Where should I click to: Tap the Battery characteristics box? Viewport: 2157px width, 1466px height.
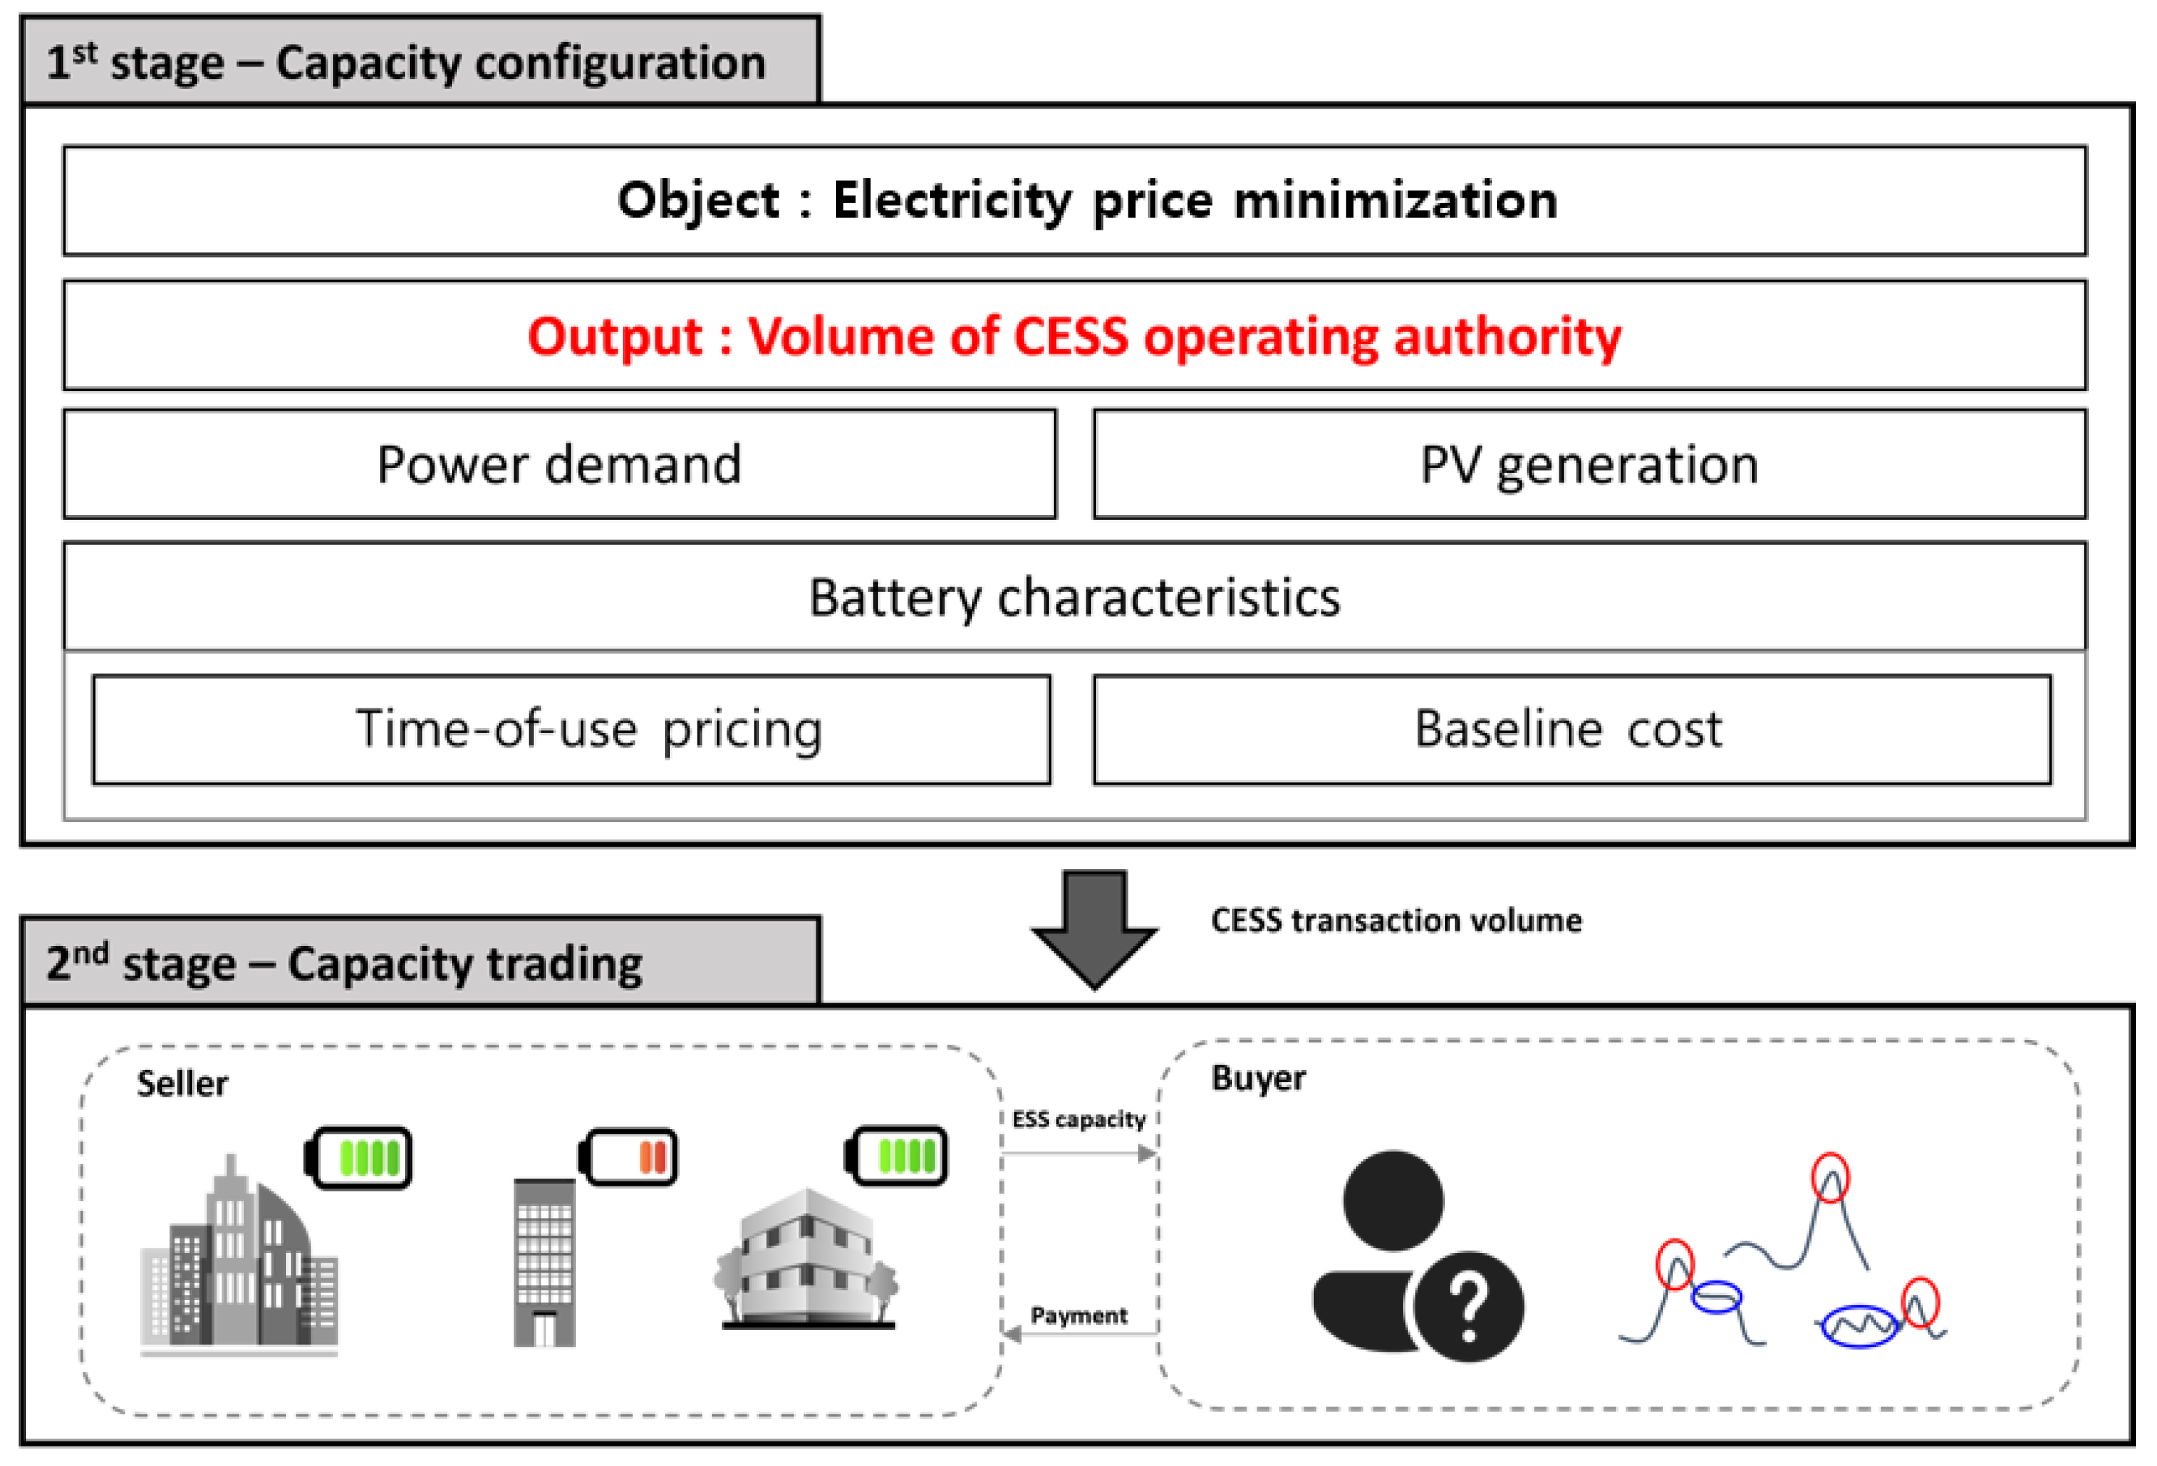(1074, 597)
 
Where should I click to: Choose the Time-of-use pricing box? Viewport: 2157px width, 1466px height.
(571, 729)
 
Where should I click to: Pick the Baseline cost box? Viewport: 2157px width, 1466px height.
(1570, 729)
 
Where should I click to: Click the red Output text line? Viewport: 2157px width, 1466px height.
(1074, 336)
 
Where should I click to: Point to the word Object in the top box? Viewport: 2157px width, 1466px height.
(698, 201)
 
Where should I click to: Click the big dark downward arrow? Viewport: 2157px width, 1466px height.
(1094, 929)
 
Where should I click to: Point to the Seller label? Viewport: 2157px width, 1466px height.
(182, 1084)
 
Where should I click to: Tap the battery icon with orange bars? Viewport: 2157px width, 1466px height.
(629, 1157)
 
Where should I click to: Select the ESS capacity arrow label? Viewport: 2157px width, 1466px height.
(1078, 1119)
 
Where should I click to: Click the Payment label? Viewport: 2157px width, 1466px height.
(1078, 1315)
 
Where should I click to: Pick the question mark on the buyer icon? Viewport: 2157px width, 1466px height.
(1468, 1307)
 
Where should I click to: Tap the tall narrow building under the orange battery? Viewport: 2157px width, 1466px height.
(545, 1262)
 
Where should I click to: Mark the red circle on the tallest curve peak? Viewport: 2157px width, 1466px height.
(1830, 1178)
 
